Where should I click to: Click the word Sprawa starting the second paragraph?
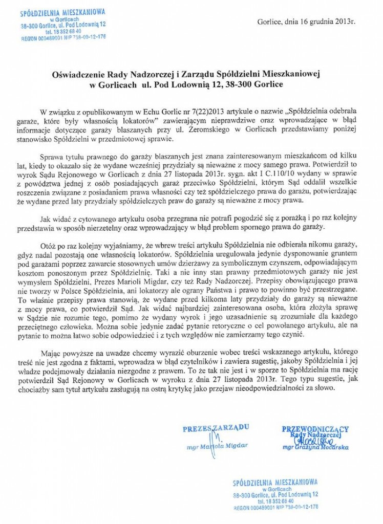(52, 157)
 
